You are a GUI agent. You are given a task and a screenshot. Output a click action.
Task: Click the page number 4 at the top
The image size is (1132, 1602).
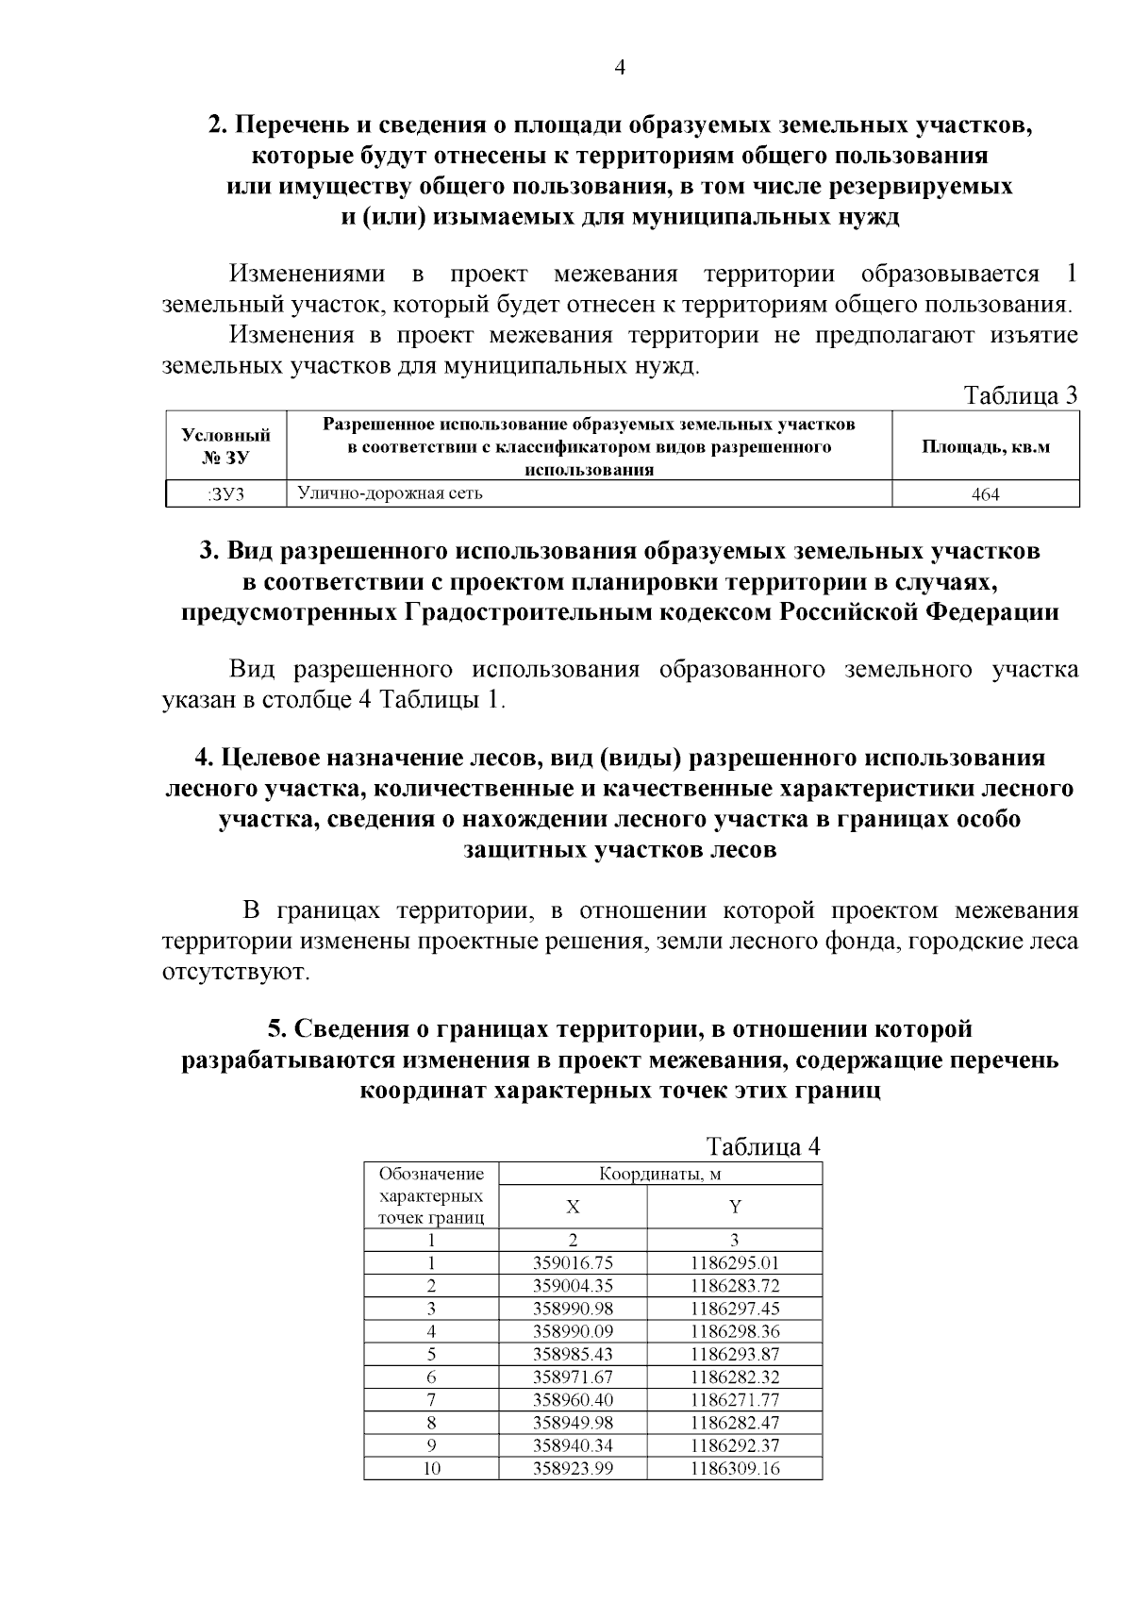click(620, 67)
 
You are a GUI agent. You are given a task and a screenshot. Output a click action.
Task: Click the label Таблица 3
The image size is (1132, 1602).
click(1020, 394)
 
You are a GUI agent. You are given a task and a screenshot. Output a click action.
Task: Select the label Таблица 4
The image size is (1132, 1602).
click(763, 1147)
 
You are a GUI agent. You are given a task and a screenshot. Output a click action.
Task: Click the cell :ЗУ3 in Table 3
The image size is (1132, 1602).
click(225, 493)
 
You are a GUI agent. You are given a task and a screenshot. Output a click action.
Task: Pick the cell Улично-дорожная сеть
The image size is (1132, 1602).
click(391, 492)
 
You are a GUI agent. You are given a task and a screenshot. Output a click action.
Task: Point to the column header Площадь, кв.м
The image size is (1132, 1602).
click(985, 446)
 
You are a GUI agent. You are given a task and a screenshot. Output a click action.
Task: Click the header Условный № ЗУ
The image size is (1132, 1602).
click(225, 446)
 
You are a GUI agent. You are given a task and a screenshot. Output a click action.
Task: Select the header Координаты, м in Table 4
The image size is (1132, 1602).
click(659, 1175)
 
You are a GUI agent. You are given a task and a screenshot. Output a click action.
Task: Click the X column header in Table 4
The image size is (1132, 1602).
click(573, 1207)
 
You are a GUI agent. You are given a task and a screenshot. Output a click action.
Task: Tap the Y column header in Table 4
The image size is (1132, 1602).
click(735, 1207)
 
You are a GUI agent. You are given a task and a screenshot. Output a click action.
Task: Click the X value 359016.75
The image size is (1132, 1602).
click(573, 1263)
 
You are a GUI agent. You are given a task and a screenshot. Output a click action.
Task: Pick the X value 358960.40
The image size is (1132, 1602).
click(573, 1400)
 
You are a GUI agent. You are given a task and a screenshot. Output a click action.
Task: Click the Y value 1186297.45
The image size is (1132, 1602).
click(735, 1309)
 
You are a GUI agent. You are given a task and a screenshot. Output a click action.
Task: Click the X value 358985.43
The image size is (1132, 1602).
click(573, 1354)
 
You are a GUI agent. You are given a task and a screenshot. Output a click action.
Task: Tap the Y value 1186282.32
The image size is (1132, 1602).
click(735, 1377)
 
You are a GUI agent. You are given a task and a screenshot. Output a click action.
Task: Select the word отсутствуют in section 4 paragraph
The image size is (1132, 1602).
click(235, 972)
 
